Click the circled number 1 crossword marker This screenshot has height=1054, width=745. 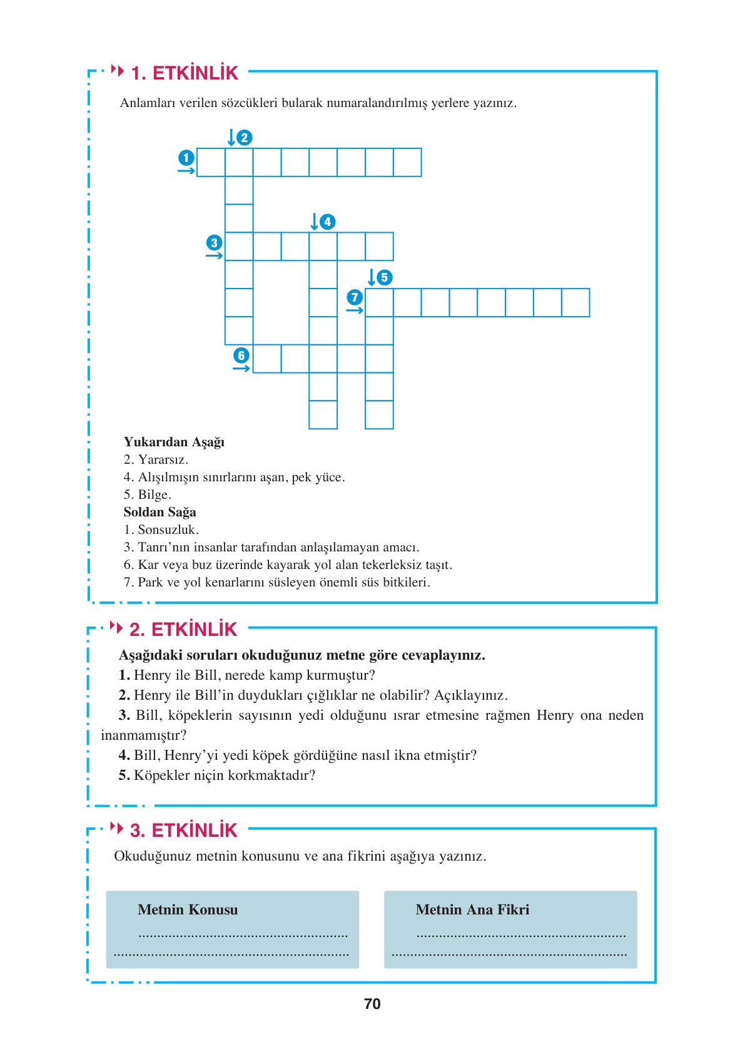pos(186,158)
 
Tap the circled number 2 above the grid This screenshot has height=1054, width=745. pos(245,138)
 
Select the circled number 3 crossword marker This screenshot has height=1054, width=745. pos(214,243)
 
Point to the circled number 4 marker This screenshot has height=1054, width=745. pos(327,222)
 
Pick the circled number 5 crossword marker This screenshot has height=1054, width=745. pos(385,277)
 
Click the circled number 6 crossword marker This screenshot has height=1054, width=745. pos(241,356)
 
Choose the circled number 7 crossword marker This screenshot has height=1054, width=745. pos(355,297)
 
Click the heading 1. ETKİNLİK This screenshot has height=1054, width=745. pos(185,73)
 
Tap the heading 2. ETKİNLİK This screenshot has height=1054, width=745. pos(183,630)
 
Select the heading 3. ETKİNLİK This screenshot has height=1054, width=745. pos(184,831)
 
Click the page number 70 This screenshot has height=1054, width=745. pos(372,1004)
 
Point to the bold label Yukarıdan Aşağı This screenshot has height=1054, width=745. pos(174,442)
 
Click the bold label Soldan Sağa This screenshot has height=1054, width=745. pos(160,512)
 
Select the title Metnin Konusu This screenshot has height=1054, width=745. pos(188,909)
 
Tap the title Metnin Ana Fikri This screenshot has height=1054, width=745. pos(472,909)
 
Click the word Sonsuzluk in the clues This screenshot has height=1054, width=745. pos(167,530)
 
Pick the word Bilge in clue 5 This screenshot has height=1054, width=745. pos(153,494)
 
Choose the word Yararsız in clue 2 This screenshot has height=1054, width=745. pos(162,459)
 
